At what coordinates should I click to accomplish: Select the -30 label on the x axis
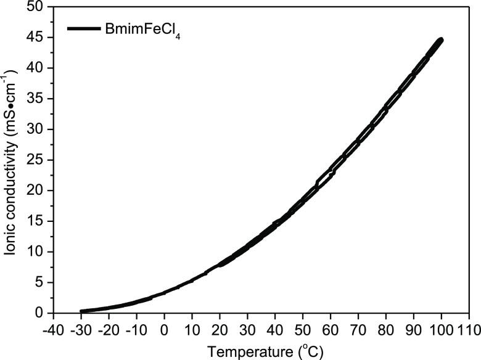point(80,328)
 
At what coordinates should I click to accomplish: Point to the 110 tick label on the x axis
point(467,328)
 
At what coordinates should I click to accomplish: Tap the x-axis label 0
point(165,328)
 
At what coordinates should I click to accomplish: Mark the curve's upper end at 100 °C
point(440,40)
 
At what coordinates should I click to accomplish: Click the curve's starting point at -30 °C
point(82,311)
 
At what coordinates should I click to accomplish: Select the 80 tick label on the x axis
point(385,328)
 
